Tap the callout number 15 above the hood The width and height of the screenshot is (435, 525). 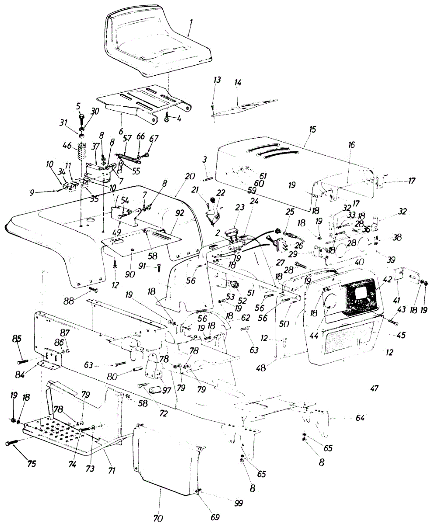pyautogui.click(x=312, y=129)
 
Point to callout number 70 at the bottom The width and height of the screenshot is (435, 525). pyautogui.click(x=158, y=518)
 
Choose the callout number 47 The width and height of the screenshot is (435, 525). pyautogui.click(x=373, y=388)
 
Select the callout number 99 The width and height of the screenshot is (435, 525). pyautogui.click(x=238, y=504)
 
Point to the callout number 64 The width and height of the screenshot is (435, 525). pyautogui.click(x=360, y=418)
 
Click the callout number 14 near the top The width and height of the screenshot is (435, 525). pyautogui.click(x=238, y=83)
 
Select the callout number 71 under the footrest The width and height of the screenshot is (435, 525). pyautogui.click(x=112, y=471)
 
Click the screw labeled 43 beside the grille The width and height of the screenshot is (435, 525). pyautogui.click(x=392, y=322)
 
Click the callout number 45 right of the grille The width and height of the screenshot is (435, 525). pyautogui.click(x=401, y=335)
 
